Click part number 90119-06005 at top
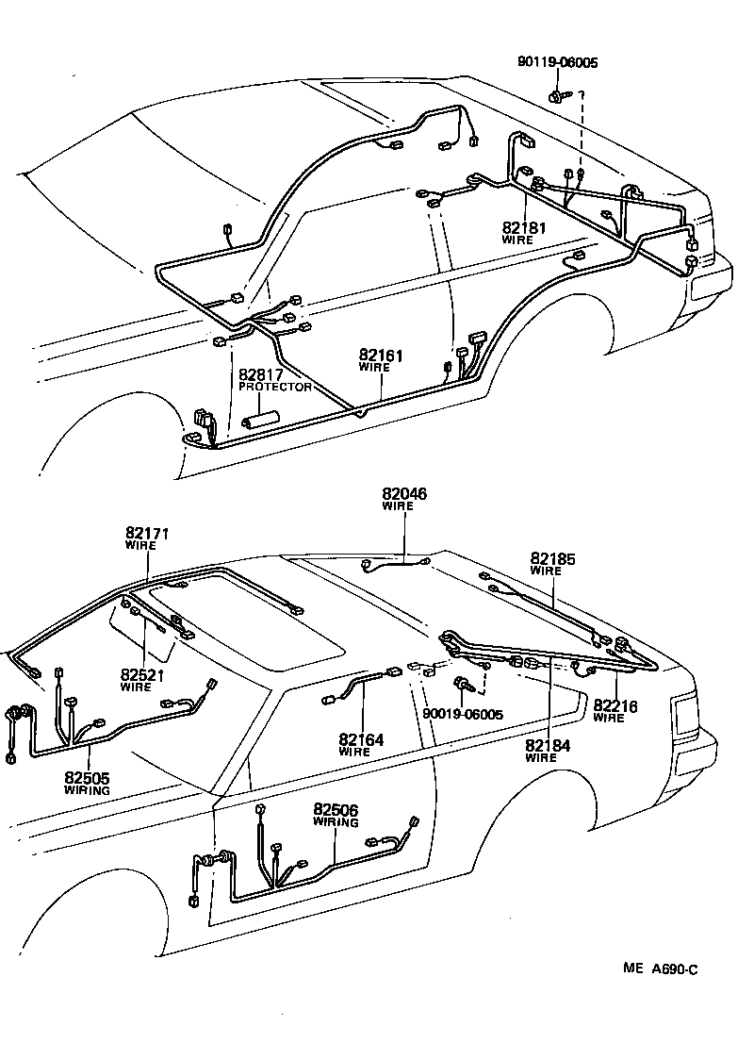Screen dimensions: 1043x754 (x=557, y=63)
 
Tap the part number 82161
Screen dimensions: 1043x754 (x=381, y=356)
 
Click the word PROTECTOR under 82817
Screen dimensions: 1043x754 (x=275, y=387)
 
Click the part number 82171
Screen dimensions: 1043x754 (x=147, y=534)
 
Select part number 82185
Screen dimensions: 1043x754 (x=552, y=558)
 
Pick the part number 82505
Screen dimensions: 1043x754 (x=87, y=778)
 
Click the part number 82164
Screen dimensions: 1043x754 (x=361, y=740)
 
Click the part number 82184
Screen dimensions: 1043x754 (x=548, y=745)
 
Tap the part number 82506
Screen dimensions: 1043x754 (x=336, y=810)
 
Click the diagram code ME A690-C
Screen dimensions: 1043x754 (x=659, y=969)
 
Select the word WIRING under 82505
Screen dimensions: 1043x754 (x=87, y=790)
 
